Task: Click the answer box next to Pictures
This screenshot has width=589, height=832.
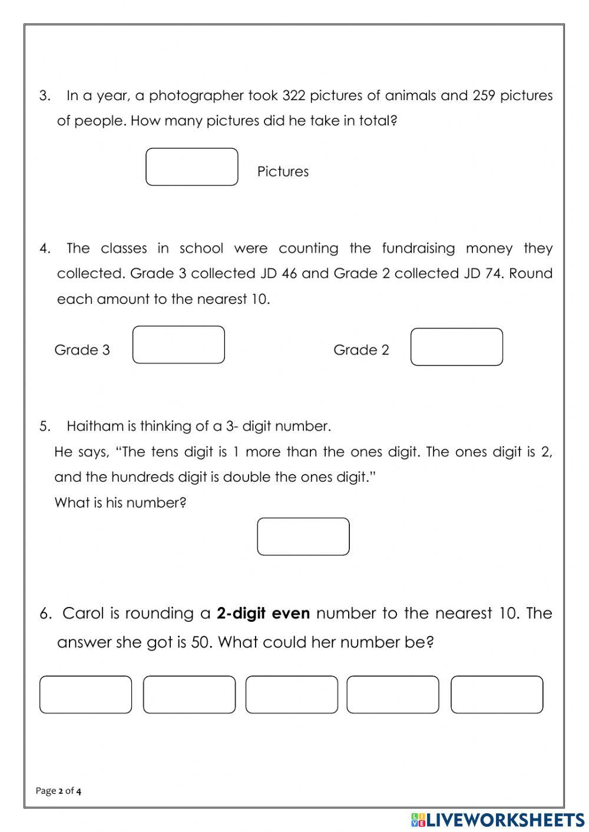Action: pyautogui.click(x=191, y=167)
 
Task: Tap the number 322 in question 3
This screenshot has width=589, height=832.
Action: pyautogui.click(x=294, y=95)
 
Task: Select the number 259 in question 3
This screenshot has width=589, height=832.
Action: pyautogui.click(x=484, y=95)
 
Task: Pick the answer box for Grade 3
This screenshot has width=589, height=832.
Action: pyautogui.click(x=178, y=345)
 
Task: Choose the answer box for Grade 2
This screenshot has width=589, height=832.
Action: pyautogui.click(x=456, y=347)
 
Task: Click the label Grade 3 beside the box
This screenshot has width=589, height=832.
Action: pyautogui.click(x=82, y=350)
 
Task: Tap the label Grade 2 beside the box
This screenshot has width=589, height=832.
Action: pyautogui.click(x=361, y=350)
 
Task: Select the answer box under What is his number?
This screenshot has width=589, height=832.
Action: pyautogui.click(x=303, y=536)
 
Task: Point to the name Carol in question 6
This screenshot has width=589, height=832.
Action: pyautogui.click(x=83, y=614)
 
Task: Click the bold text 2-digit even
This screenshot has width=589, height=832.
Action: pyautogui.click(x=263, y=614)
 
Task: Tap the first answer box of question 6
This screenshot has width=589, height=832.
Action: pyautogui.click(x=85, y=695)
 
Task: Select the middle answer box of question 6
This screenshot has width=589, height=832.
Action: pyautogui.click(x=292, y=695)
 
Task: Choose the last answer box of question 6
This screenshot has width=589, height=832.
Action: pyautogui.click(x=497, y=695)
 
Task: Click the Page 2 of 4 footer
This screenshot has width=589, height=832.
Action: pyautogui.click(x=58, y=791)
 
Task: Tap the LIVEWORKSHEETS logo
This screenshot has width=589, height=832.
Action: pyautogui.click(x=498, y=820)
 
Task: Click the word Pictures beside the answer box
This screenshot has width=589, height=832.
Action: pyautogui.click(x=283, y=171)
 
